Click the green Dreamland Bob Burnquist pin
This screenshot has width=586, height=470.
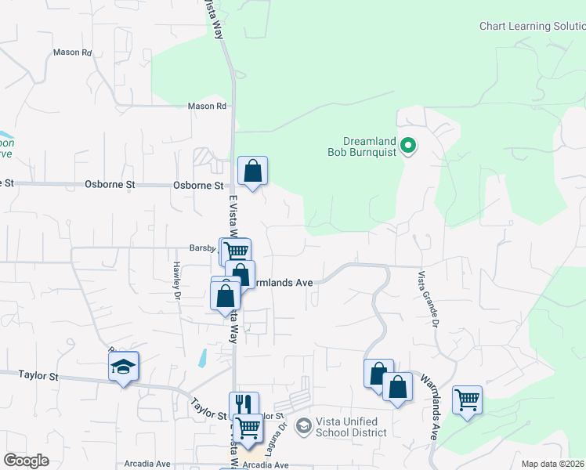click(408, 145)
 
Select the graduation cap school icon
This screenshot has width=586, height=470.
click(123, 367)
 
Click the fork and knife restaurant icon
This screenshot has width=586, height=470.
click(244, 404)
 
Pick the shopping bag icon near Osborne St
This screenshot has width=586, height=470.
click(253, 171)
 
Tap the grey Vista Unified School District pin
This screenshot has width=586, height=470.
click(303, 426)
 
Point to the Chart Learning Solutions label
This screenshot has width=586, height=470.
click(532, 26)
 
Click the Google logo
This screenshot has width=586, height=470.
click(26, 461)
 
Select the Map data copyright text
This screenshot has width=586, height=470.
click(553, 464)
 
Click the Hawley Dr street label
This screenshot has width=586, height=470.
click(177, 280)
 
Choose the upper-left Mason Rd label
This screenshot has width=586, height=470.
click(73, 52)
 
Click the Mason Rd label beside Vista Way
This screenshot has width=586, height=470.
click(207, 106)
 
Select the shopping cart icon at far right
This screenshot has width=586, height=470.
click(467, 399)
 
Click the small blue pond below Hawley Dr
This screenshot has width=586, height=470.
click(203, 359)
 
